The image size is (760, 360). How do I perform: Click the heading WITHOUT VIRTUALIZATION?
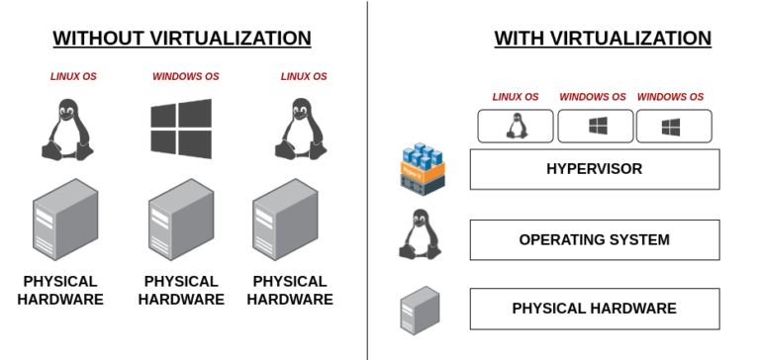pyautogui.click(x=182, y=39)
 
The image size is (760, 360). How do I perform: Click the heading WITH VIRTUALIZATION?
pyautogui.click(x=602, y=39)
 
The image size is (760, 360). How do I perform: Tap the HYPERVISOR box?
pyautogui.click(x=594, y=169)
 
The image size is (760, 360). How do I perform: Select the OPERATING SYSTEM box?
pyautogui.click(x=594, y=239)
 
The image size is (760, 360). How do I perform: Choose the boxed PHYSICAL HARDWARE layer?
pyautogui.click(x=594, y=309)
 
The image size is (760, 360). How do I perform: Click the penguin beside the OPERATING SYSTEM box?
pyautogui.click(x=420, y=236)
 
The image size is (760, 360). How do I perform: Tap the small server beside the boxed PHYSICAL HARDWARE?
pyautogui.click(x=420, y=310)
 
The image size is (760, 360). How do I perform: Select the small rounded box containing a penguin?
pyautogui.click(x=516, y=126)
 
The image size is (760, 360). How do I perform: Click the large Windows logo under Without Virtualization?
pyautogui.click(x=181, y=129)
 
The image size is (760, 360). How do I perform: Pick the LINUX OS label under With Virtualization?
pyautogui.click(x=516, y=97)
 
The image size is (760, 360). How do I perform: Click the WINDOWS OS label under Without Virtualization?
pyautogui.click(x=185, y=76)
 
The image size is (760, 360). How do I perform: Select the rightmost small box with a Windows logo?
pyautogui.click(x=673, y=126)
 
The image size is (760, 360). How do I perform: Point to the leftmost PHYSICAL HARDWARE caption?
pyautogui.click(x=60, y=290)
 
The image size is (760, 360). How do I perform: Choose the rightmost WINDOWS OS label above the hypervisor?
pyautogui.click(x=670, y=97)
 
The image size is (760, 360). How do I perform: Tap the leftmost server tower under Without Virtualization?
pyautogui.click(x=65, y=219)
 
